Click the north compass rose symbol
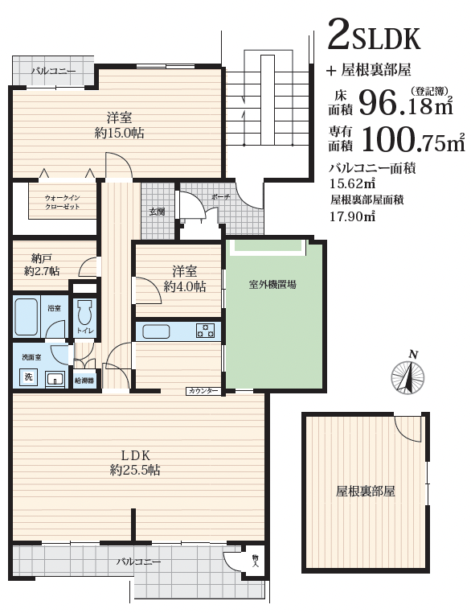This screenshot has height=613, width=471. tap(408, 376)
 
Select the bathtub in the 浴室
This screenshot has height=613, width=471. tap(27, 317)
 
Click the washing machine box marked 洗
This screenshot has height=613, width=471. tap(29, 377)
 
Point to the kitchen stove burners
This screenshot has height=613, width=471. tap(206, 331)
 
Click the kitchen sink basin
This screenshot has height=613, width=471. tap(156, 331)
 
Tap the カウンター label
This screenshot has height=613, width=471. tap(203, 391)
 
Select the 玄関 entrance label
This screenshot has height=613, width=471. tap(157, 212)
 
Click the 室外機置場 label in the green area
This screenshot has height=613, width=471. tap(272, 285)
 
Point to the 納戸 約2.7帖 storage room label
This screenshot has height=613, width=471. tap(42, 265)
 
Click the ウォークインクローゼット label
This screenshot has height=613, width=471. tap(63, 202)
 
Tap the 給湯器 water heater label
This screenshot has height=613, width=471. tap(84, 380)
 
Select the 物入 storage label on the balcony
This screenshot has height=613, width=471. tap(256, 562)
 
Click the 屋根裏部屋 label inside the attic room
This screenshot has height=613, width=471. tap(365, 491)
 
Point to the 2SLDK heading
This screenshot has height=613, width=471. tap(374, 35)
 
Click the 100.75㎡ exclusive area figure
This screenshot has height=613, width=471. tap(414, 141)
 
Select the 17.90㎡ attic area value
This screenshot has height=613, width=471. tap(353, 216)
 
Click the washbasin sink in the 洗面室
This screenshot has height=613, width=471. tap(55, 378)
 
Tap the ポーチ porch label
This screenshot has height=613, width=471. tap(220, 197)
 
